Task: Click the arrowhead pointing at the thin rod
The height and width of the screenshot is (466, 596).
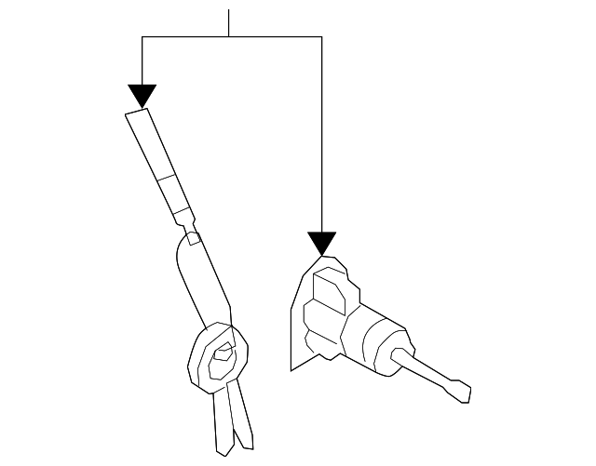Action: pos(142,95)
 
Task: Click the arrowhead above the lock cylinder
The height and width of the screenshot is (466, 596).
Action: pos(322,244)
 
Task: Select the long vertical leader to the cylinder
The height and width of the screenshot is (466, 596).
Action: pos(322,140)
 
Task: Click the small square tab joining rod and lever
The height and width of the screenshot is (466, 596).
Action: pos(193,238)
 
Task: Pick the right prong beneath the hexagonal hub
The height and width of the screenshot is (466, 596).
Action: pos(241,414)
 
